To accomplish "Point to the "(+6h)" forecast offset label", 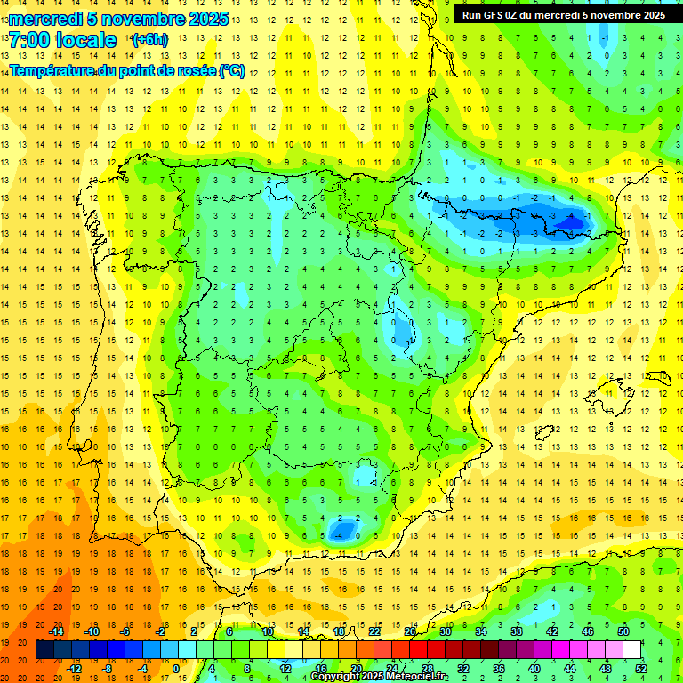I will point(149,40).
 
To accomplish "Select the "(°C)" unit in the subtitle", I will point(231,70).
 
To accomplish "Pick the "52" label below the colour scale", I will point(641,669).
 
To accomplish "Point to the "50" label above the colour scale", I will point(623,631).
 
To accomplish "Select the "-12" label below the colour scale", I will point(74,669).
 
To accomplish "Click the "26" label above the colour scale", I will point(410,631).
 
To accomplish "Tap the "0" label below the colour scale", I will point(175,669).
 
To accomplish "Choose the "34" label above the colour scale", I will point(481,631).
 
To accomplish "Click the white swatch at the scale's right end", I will point(631,650).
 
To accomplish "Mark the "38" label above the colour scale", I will point(517,631).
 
